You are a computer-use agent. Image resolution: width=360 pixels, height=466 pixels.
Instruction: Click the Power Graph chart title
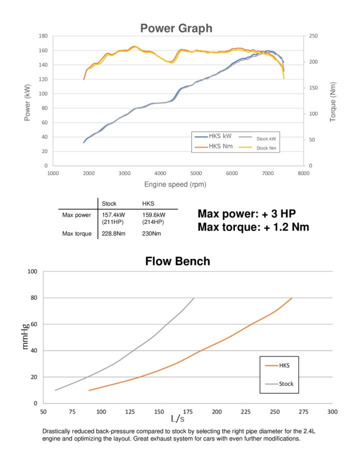tap(176, 28)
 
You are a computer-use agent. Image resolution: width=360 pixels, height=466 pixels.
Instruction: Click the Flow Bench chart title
tap(177, 261)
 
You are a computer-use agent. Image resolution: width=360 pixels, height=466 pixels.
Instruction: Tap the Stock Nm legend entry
tap(266, 148)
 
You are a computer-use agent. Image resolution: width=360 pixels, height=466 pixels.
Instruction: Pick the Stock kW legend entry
tap(265, 138)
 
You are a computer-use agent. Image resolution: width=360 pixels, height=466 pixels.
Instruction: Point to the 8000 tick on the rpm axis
tap(303, 173)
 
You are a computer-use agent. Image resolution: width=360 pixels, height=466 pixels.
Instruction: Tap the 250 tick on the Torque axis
tap(314, 36)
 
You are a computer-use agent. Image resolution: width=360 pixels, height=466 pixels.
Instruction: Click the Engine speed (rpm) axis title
tap(175, 184)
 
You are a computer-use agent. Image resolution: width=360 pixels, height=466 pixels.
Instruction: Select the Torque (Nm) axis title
tap(333, 101)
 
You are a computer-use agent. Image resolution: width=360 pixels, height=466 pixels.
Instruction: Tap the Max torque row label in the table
tap(77, 233)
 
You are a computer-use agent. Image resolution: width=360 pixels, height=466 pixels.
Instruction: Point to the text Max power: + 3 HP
tap(246, 214)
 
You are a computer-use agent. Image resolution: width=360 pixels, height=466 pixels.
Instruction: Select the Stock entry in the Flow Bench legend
tap(286, 384)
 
